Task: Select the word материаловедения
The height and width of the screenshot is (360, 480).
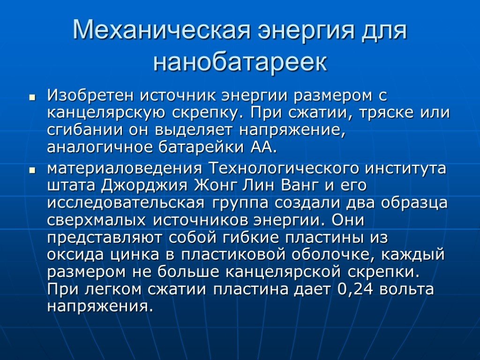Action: point(124,168)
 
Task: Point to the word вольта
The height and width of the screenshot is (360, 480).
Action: point(406,289)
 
